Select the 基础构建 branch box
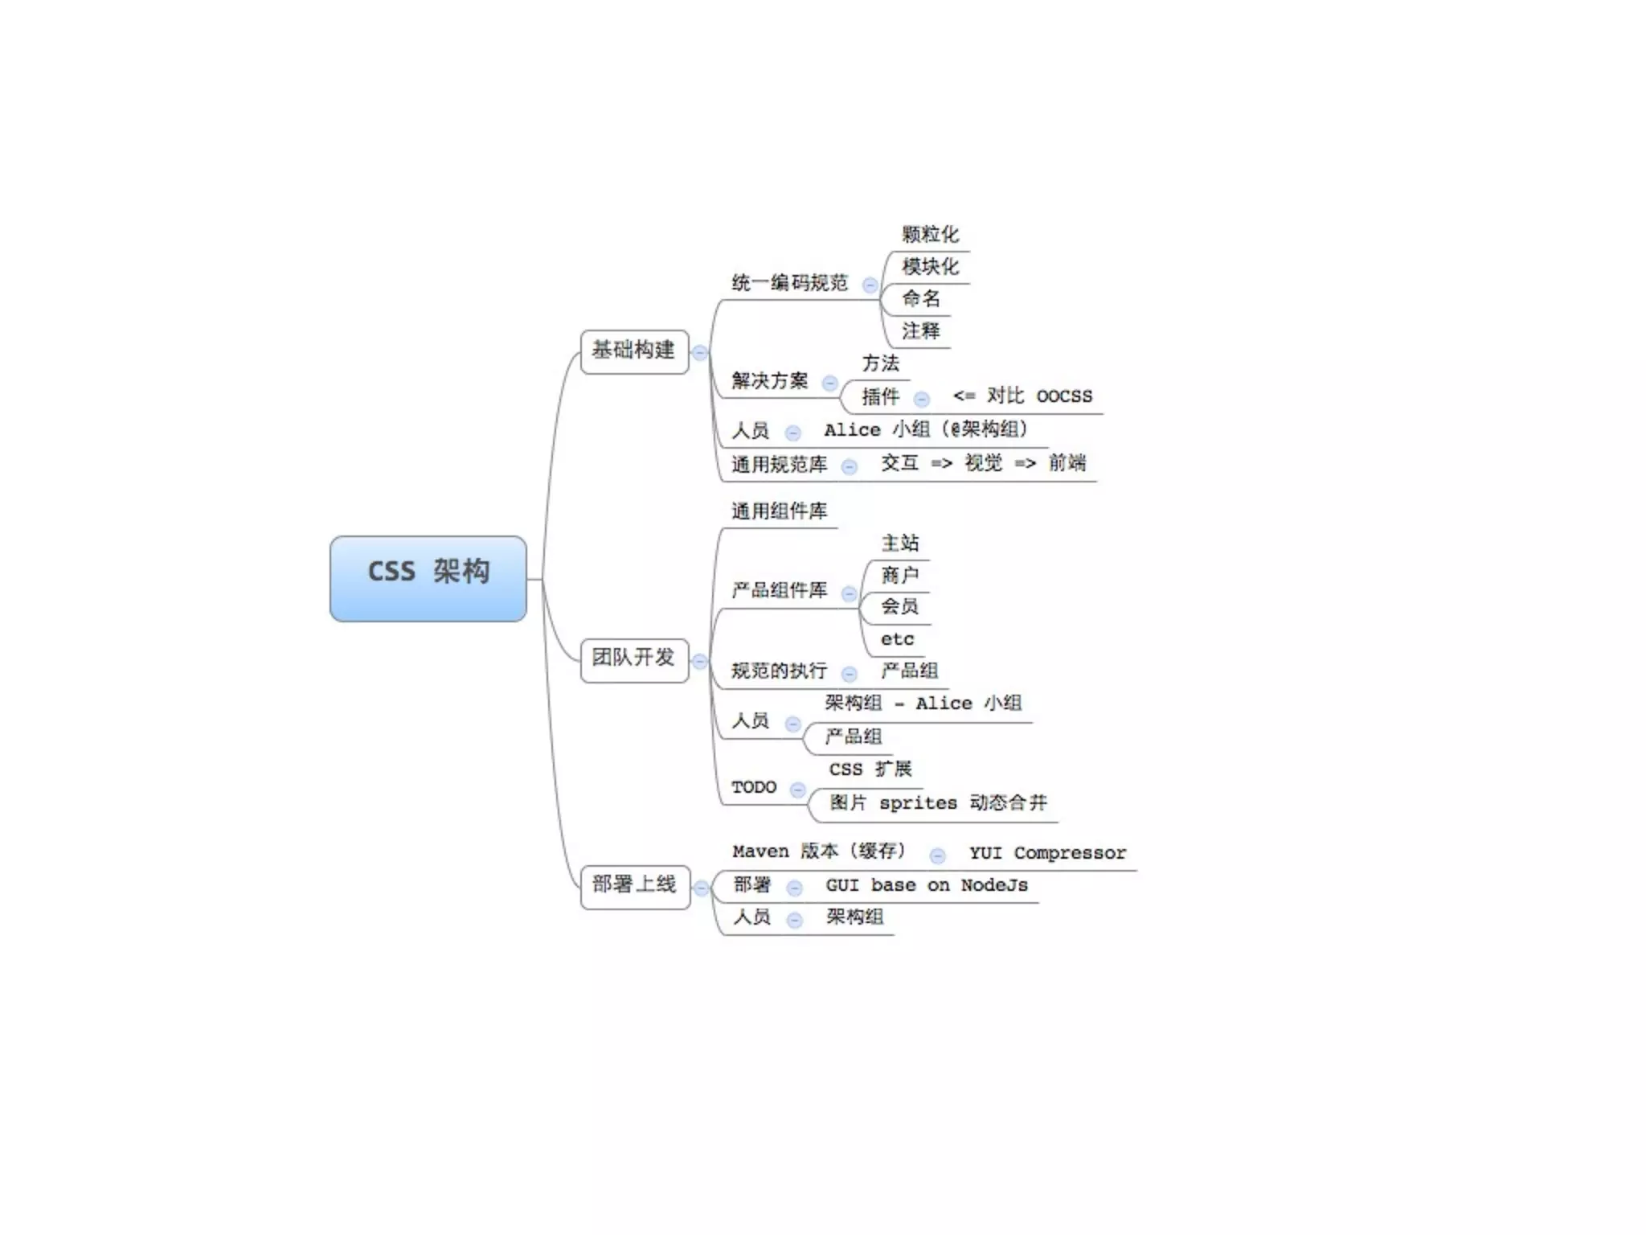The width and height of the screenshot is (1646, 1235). tap(634, 351)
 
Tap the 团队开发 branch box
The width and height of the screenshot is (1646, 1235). tap(634, 659)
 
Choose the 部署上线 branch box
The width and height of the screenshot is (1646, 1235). tap(635, 886)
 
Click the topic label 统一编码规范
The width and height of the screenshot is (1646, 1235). tap(789, 283)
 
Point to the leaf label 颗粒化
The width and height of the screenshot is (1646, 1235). tap(930, 235)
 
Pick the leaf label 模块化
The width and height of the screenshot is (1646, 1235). tap(930, 267)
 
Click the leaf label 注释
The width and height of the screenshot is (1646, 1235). tap(921, 331)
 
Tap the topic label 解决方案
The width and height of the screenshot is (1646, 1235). tap(769, 381)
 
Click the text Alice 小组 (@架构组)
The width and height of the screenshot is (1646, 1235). tap(926, 430)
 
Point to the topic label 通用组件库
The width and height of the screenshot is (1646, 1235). tap(779, 511)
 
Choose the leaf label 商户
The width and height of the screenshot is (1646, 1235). tap(899, 576)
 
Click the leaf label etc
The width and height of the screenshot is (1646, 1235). tap(897, 640)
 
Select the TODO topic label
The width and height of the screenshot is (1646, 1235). tap(754, 788)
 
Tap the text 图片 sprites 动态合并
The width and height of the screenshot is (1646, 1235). tap(938, 803)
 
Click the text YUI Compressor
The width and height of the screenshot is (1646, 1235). tap(1047, 853)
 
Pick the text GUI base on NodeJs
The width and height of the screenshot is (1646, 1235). tap(927, 886)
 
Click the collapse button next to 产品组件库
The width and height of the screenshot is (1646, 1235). tap(849, 594)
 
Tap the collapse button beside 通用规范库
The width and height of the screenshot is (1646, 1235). tap(849, 466)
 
